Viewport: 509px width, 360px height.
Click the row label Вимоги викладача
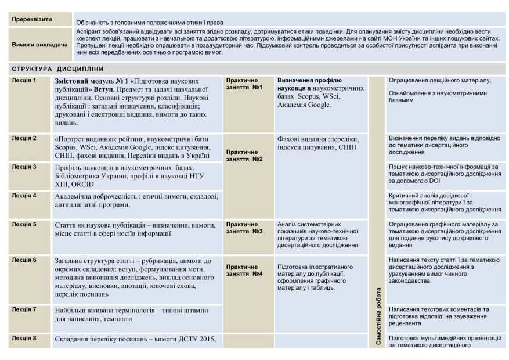[x=36, y=44]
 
